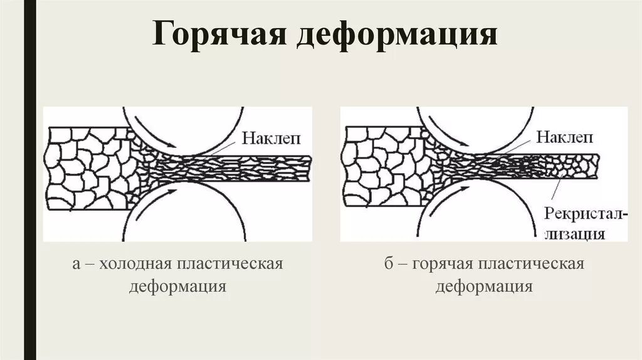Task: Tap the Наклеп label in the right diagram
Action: (564, 137)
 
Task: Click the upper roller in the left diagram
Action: (182, 125)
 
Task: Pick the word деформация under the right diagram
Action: (484, 287)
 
